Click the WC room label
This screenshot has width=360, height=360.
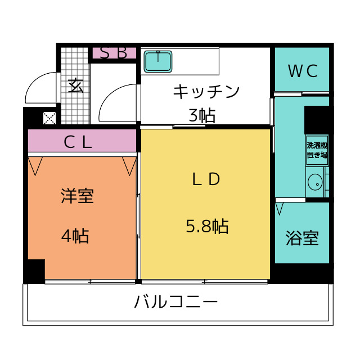(x=303, y=71)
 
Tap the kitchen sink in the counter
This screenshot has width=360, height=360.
(x=158, y=61)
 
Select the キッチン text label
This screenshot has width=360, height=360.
(x=206, y=91)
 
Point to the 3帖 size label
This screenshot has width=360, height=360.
(x=202, y=115)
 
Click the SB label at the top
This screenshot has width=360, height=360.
(x=114, y=53)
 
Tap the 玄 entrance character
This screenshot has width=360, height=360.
(x=76, y=85)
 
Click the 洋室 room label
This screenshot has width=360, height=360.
(x=77, y=196)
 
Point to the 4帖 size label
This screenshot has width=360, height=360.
(x=75, y=236)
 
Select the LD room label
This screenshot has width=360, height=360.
(x=206, y=179)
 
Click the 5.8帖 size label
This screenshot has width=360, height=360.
(x=206, y=226)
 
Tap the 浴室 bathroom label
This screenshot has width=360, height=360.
(x=302, y=238)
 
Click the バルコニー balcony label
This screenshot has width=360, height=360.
(x=175, y=303)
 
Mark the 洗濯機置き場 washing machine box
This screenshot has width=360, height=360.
(x=317, y=150)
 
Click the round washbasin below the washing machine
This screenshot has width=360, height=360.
(x=315, y=182)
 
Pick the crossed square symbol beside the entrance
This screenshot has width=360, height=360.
(x=49, y=118)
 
